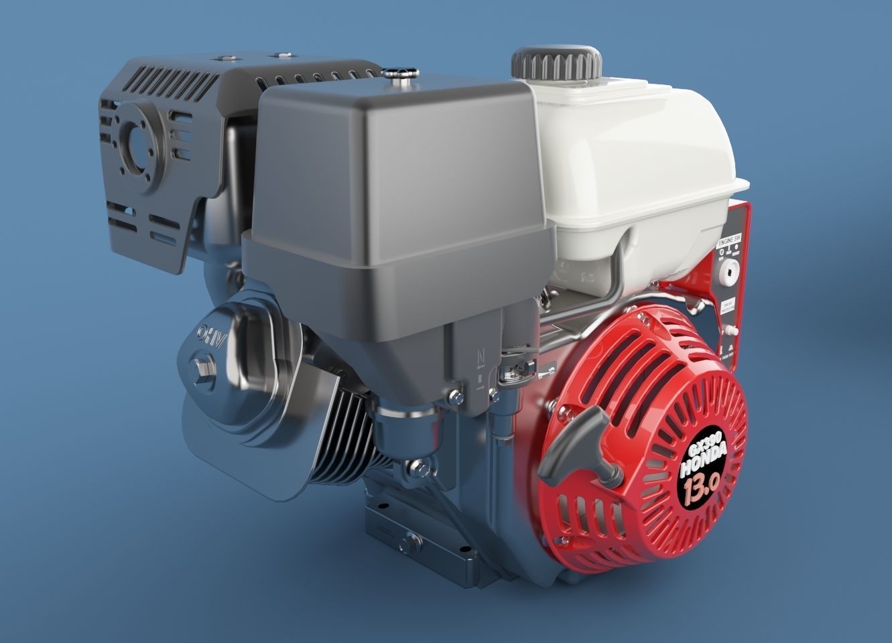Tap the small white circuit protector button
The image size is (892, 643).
(733, 330)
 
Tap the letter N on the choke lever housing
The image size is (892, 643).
(480, 356)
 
